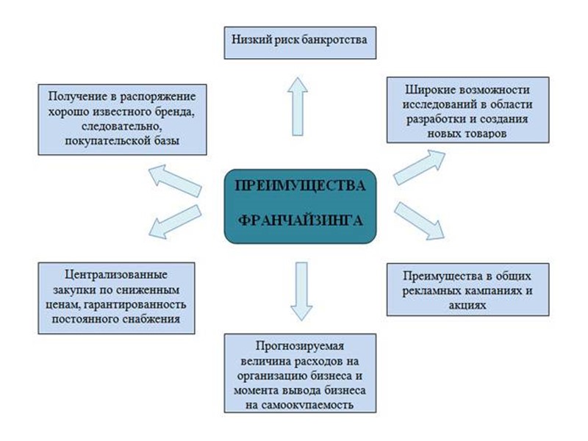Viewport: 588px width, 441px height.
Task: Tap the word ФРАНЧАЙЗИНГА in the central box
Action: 300,219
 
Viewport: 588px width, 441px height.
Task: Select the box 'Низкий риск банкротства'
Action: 301,41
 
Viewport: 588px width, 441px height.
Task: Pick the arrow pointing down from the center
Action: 299,291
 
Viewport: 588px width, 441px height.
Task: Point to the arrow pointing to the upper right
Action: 419,166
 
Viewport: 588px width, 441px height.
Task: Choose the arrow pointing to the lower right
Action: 420,221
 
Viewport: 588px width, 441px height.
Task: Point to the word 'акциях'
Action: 467,303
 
